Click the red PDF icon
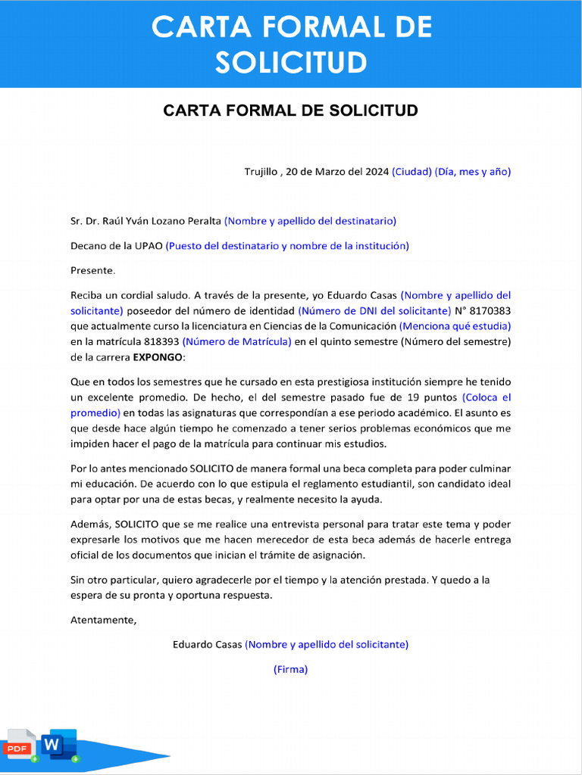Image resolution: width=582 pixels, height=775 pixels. pos(19,745)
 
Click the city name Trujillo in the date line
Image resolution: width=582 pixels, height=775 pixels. pos(261,172)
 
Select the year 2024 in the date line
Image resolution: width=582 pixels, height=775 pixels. pos(377,172)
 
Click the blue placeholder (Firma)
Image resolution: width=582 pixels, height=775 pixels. pos(290,669)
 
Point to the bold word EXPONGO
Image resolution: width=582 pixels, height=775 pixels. pos(158,357)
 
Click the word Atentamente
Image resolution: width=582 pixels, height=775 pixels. pos(103,620)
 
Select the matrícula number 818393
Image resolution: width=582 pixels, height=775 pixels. pos(161,341)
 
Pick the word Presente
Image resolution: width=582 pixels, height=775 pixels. pos(92,270)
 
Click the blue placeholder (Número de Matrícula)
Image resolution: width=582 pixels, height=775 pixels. pos(236,341)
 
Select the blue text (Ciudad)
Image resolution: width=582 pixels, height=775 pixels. pos(411,172)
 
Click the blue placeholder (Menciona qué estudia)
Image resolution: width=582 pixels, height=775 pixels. pos(455,326)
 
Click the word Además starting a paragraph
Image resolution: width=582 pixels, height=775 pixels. pos(89,524)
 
